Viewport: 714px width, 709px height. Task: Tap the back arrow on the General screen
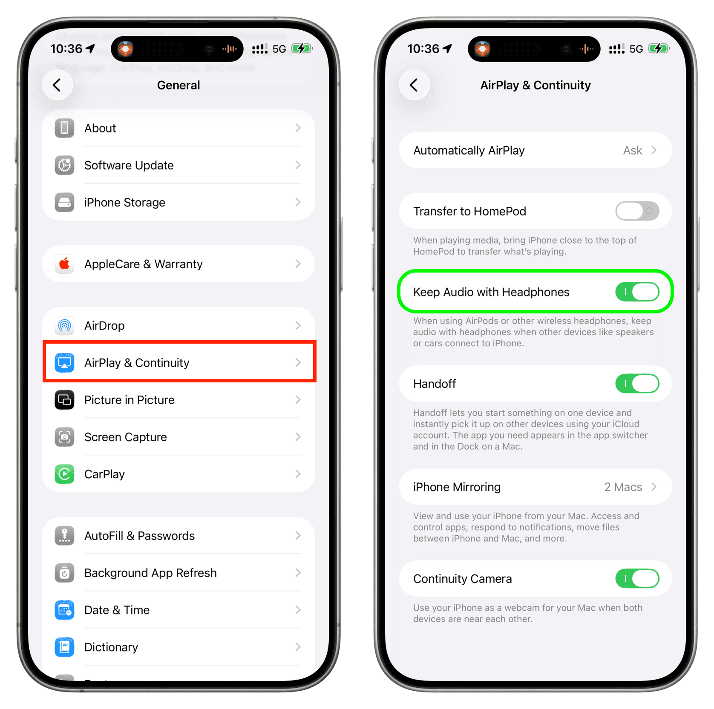point(57,85)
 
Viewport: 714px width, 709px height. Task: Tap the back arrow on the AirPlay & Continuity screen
point(414,85)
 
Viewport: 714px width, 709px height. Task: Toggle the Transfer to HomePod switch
point(637,211)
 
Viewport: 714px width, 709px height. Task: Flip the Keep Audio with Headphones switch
point(637,292)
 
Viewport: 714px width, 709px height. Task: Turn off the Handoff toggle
point(637,384)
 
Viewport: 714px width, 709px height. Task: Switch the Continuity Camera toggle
point(637,579)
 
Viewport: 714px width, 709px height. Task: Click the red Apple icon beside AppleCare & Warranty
point(64,264)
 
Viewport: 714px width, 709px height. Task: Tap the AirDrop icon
point(64,326)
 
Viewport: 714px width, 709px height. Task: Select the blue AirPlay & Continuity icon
point(64,363)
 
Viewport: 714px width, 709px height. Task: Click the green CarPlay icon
point(64,474)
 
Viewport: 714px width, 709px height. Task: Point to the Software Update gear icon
point(64,165)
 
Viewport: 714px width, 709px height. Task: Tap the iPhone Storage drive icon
point(64,202)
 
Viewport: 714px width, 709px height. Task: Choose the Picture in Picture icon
point(64,400)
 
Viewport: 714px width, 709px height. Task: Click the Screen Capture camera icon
point(64,437)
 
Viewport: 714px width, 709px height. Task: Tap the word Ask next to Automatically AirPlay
point(633,150)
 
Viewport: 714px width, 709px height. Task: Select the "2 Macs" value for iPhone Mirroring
point(623,487)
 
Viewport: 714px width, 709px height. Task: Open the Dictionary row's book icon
point(64,647)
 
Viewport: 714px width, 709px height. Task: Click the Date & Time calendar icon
point(64,610)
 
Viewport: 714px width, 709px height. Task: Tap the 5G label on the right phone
point(636,49)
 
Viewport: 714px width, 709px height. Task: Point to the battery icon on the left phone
point(302,49)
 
